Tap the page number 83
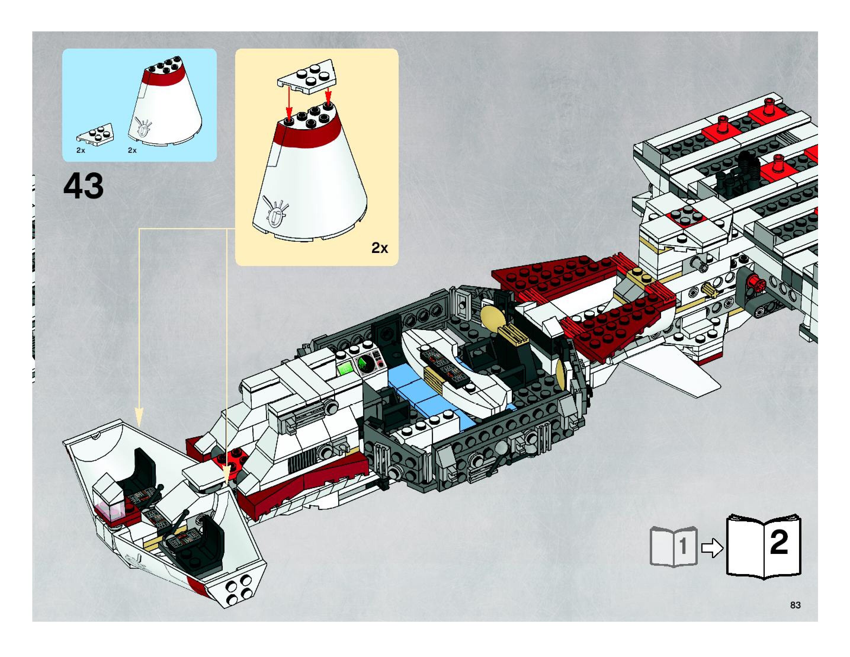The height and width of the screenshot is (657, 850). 795,605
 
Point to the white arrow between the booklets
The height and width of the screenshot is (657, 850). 712,548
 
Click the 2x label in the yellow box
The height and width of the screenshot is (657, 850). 379,248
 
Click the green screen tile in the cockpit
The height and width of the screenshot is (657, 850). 345,368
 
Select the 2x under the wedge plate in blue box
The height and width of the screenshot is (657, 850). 81,150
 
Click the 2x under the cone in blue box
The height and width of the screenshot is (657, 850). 132,150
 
